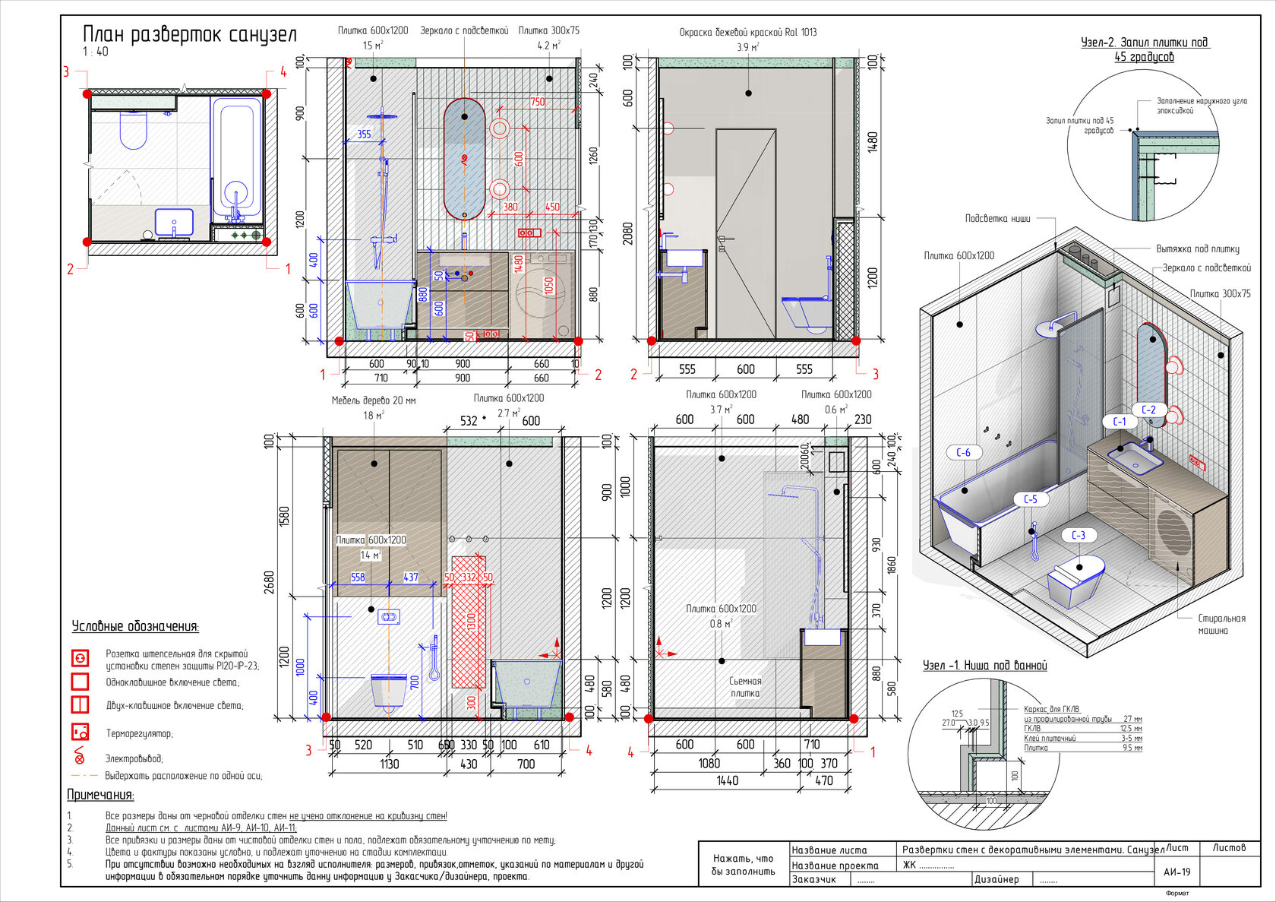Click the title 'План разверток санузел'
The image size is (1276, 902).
pos(189,35)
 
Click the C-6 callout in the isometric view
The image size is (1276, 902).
pos(963,452)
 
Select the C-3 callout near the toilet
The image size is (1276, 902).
pos(1078,535)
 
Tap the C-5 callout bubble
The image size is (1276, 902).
pos(1030,499)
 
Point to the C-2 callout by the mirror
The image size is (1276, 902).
pos(1148,410)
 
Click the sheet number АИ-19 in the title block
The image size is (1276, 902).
pos(1177,872)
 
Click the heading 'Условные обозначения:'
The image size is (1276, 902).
pos(135,627)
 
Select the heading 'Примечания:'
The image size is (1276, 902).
pos(100,795)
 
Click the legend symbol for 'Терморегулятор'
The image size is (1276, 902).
pos(80,732)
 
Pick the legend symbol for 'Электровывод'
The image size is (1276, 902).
pos(79,756)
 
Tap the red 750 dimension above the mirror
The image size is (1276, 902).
pos(537,102)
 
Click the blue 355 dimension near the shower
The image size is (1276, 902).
pos(364,135)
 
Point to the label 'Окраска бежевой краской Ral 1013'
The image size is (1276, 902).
pos(747,33)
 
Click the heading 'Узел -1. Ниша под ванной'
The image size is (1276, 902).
pos(984,666)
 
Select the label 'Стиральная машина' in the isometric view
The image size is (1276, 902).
pos(1221,624)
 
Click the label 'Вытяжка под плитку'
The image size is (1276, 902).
pos(1197,248)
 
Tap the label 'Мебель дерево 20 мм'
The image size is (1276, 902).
pos(373,400)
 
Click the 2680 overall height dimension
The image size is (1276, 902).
pos(269,582)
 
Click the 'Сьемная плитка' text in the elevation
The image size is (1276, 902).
pos(744,687)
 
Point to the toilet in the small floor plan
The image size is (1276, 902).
pos(133,131)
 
